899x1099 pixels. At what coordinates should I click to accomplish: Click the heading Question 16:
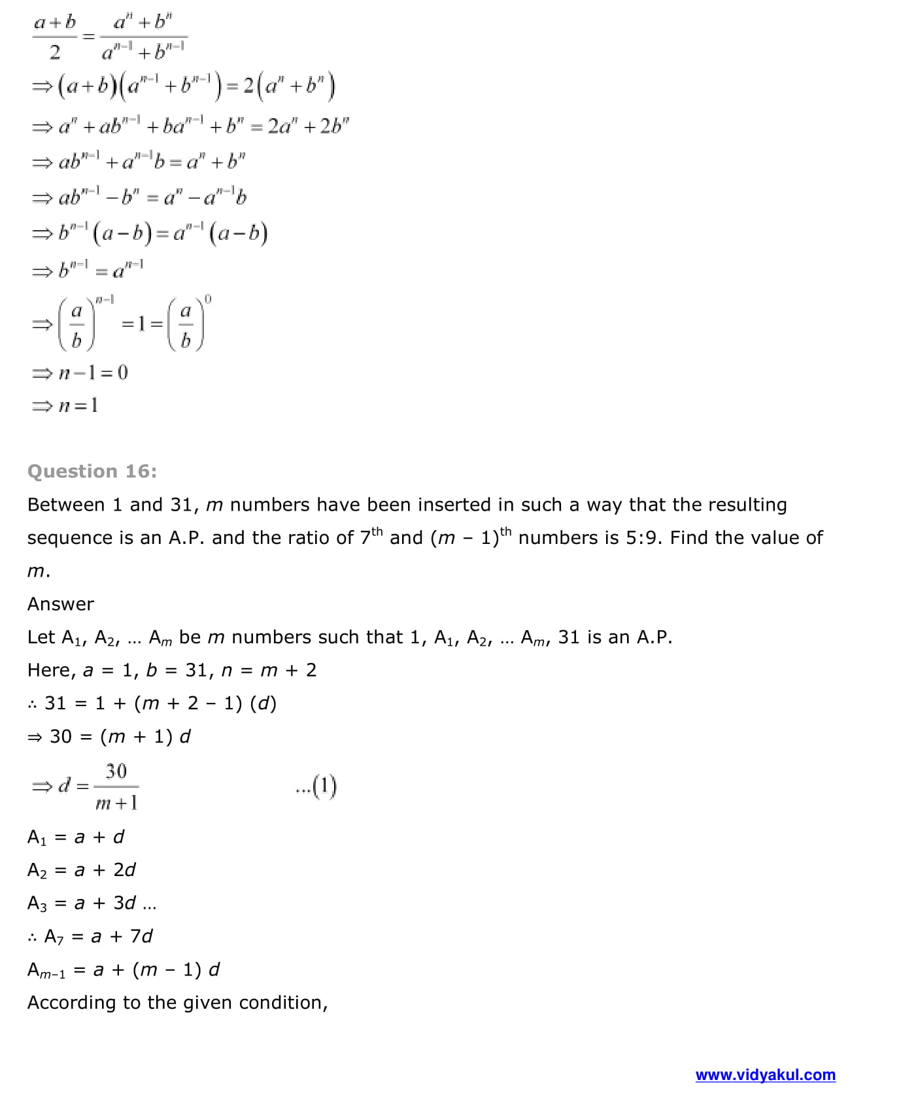(92, 471)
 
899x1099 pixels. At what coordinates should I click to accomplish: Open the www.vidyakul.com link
(765, 1075)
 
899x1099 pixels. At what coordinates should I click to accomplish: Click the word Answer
(61, 604)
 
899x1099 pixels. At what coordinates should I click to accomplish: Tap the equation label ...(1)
(316, 786)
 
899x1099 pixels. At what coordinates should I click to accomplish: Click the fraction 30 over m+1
(116, 786)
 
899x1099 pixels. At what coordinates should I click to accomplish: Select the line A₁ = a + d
(76, 837)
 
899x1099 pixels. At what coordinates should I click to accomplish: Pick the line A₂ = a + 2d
(82, 870)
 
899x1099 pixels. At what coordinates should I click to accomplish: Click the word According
(71, 1002)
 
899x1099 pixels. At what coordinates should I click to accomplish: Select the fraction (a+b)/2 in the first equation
(55, 37)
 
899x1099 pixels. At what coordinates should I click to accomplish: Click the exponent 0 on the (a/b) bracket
(208, 299)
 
